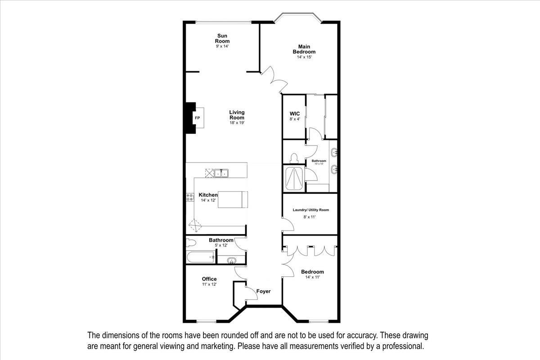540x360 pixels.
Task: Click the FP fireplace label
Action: pyautogui.click(x=197, y=118)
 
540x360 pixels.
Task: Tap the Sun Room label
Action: pyautogui.click(x=222, y=38)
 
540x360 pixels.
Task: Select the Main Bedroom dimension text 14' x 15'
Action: pyautogui.click(x=304, y=57)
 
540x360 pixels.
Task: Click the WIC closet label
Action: pyautogui.click(x=294, y=113)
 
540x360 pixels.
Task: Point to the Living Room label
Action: pyautogui.click(x=237, y=115)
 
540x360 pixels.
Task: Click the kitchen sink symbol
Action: pyautogui.click(x=220, y=173)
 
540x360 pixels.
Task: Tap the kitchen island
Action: pyautogui.click(x=233, y=199)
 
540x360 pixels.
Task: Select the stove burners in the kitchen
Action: pyautogui.click(x=190, y=197)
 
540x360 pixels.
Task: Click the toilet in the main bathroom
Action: pyautogui.click(x=294, y=159)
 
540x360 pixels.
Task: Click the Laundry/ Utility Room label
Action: pyautogui.click(x=310, y=210)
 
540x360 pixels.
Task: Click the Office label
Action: pyautogui.click(x=209, y=279)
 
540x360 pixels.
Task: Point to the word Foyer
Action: pyautogui.click(x=263, y=291)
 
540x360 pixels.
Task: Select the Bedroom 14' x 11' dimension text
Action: pyautogui.click(x=312, y=278)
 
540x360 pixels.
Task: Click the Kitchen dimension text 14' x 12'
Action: pyautogui.click(x=208, y=200)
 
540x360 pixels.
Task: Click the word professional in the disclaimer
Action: pyautogui.click(x=400, y=346)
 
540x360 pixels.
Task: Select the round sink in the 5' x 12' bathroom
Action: pyautogui.click(x=232, y=260)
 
